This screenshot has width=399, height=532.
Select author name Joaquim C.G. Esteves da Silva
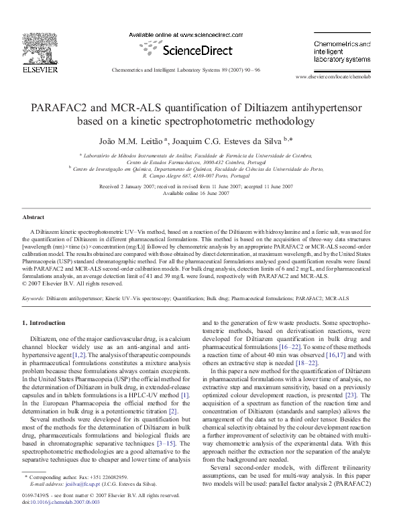[226, 140]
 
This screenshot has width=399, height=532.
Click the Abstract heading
[34, 218]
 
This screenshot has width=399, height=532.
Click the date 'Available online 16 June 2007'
[200, 193]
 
